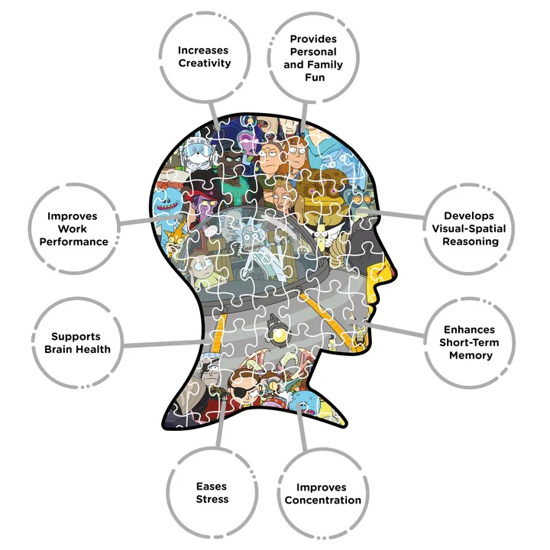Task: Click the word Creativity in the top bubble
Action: tap(205, 63)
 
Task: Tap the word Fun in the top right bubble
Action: tap(315, 77)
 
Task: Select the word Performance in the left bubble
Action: tap(73, 241)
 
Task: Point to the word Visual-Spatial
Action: tap(469, 228)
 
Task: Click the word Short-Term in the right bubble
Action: tap(469, 342)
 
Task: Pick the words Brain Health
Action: tap(77, 349)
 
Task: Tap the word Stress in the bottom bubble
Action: tap(212, 499)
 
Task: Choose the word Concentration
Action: tap(322, 500)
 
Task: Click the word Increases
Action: tap(203, 50)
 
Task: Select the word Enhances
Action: tap(469, 330)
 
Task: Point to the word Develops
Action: tap(469, 215)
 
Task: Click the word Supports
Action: tap(76, 336)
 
